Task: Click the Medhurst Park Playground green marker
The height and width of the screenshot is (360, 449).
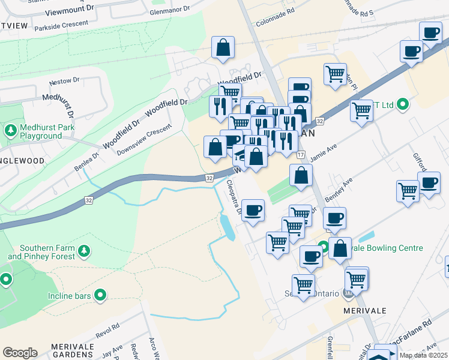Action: point(11,130)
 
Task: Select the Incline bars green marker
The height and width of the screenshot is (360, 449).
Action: point(100,295)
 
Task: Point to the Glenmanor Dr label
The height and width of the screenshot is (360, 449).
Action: point(170,10)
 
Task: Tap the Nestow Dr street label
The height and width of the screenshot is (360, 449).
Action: point(65,81)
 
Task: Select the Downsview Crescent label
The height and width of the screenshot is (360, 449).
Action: point(144,139)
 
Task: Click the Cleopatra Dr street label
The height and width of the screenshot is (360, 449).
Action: point(234,197)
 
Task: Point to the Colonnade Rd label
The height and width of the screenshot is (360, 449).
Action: point(276,11)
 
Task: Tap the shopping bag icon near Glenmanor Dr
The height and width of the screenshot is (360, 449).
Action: point(223,47)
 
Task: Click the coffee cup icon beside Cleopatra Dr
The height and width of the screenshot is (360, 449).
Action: point(253,210)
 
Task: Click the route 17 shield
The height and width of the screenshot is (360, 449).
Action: point(301,155)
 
